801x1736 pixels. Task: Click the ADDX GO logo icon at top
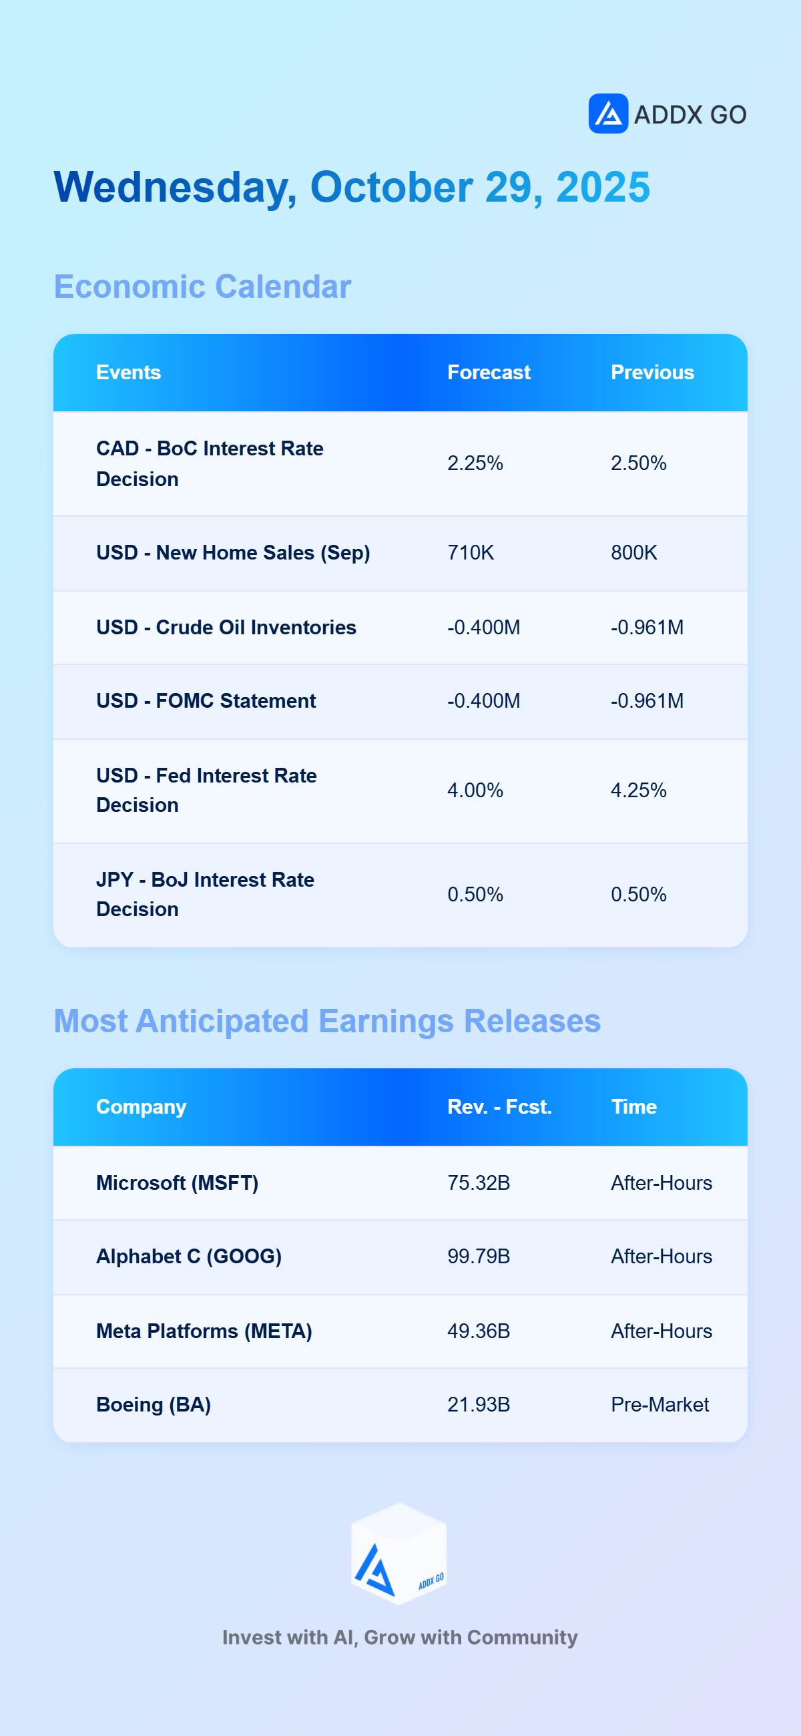pos(608,114)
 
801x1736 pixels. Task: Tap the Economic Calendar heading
pos(203,286)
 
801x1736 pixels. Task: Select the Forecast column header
pos(489,372)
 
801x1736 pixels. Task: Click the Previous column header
pos(652,372)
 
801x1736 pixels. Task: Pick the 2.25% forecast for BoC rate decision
pos(475,463)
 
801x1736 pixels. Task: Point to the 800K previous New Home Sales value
pos(634,553)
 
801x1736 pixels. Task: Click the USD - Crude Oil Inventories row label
pos(226,628)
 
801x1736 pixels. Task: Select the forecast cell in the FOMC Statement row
pos(484,701)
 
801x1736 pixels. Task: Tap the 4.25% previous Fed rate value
pos(639,790)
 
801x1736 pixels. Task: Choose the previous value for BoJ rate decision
pos(639,894)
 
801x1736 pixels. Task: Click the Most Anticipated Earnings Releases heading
pos(327,1021)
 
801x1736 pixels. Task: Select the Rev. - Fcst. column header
pos(499,1106)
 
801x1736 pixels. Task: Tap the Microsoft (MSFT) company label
pos(177,1182)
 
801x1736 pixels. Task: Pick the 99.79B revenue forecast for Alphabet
pos(479,1256)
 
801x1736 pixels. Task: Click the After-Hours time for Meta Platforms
pos(661,1331)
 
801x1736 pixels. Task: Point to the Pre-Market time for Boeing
pos(659,1404)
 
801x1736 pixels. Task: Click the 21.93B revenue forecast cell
pos(479,1404)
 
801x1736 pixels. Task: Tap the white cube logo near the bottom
pos(398,1553)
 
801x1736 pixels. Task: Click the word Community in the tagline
pos(522,1638)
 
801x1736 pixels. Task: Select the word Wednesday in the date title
pos(175,188)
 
